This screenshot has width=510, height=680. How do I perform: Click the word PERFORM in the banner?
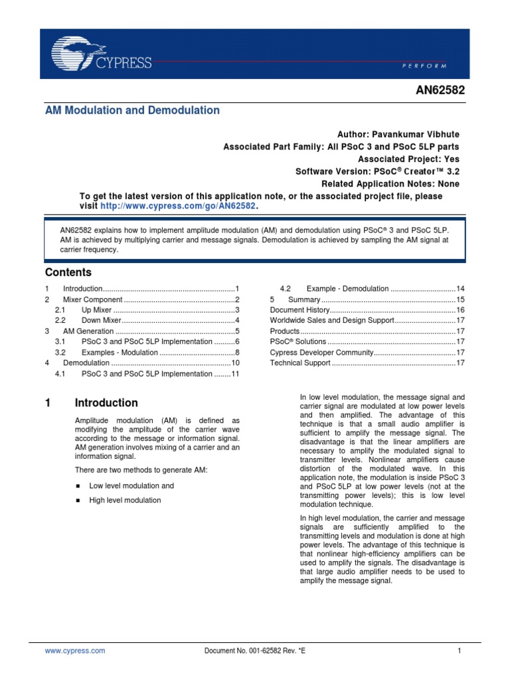tap(425, 66)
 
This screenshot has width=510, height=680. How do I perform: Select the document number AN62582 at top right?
tap(437, 92)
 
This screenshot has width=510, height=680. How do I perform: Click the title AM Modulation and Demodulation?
tap(132, 110)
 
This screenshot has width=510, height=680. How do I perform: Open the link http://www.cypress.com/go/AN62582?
tap(177, 207)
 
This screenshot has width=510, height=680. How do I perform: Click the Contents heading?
tap(68, 272)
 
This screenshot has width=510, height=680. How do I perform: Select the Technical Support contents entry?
tap(300, 363)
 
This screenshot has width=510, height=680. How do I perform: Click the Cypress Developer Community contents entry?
tap(322, 353)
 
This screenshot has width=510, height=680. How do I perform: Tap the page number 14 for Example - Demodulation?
tap(460, 289)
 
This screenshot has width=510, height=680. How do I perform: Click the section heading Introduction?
tap(106, 403)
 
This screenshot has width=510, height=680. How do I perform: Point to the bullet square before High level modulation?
tap(78, 500)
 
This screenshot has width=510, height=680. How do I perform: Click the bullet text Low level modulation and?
tap(131, 486)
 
